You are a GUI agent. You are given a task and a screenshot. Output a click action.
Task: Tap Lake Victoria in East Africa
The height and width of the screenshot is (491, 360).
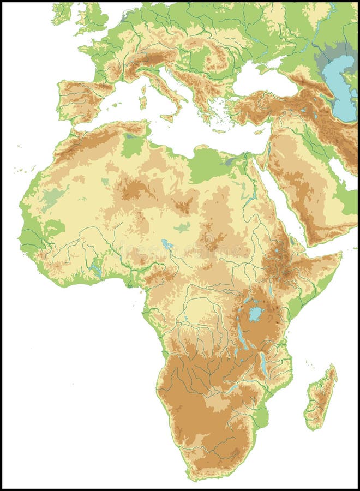(255, 314)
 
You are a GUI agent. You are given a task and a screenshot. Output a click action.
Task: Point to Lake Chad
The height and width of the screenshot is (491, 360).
(167, 244)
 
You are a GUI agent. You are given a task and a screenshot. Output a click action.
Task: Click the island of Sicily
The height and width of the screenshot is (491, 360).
(168, 117)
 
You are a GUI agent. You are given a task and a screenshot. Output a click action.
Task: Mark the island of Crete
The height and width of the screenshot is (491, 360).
(219, 131)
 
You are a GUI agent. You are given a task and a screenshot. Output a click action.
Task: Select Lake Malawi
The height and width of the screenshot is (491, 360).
(264, 364)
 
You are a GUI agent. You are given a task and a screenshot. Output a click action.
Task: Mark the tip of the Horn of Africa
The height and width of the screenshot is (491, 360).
(341, 253)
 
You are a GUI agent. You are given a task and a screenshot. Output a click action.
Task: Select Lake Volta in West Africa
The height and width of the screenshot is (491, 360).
(97, 268)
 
